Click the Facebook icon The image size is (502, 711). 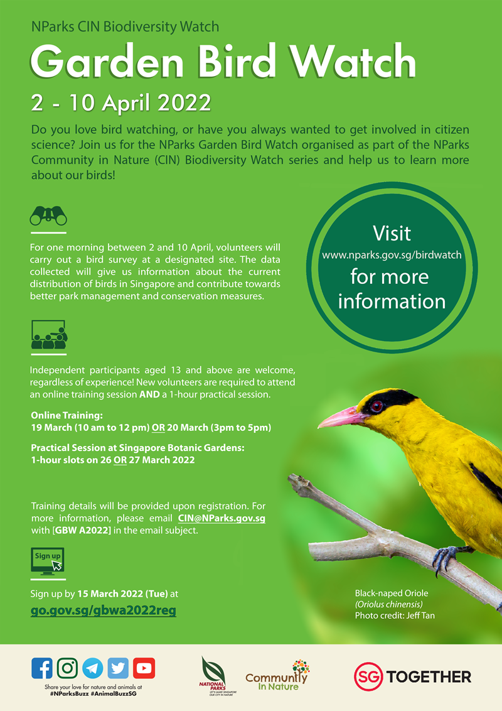point(41,668)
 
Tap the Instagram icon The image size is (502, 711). point(67,668)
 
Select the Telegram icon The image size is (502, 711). point(92,668)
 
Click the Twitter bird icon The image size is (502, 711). point(118,668)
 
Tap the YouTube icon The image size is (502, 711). point(144,668)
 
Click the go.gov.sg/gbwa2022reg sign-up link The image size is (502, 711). point(104,611)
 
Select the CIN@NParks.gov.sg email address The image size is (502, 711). point(222,518)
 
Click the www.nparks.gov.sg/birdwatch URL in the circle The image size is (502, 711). point(392,255)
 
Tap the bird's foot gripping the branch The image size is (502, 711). point(444,557)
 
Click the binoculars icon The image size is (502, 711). point(48,216)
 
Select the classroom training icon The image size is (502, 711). point(49,335)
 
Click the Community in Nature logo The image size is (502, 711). point(277,676)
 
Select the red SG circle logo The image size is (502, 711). point(368,676)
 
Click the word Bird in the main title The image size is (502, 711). point(237,61)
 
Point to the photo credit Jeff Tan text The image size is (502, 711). point(395,616)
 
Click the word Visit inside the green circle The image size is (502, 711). point(392,234)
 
